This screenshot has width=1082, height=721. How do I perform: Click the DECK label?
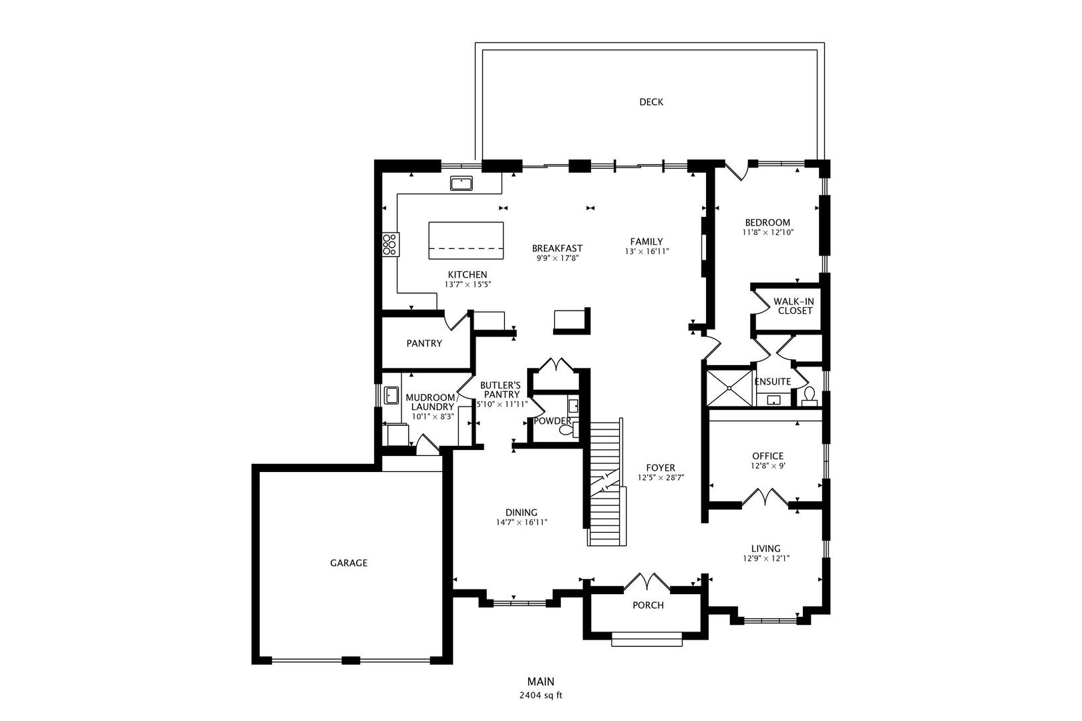pyautogui.click(x=651, y=102)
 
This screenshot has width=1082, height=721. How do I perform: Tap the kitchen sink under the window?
pyautogui.click(x=462, y=184)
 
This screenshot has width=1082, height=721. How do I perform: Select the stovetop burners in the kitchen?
pyautogui.click(x=390, y=244)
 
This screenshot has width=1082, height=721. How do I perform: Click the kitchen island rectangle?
pyautogui.click(x=466, y=240)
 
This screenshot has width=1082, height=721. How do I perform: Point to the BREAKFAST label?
pyautogui.click(x=558, y=248)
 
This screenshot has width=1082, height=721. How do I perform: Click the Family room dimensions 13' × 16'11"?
pyautogui.click(x=647, y=252)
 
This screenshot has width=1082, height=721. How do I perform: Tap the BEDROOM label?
pyautogui.click(x=767, y=222)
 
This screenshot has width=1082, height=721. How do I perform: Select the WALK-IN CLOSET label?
pyautogui.click(x=793, y=306)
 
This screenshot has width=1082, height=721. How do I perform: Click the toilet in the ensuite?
pyautogui.click(x=809, y=397)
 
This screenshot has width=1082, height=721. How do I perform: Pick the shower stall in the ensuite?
pyautogui.click(x=729, y=388)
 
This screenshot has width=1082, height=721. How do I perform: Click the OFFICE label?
pyautogui.click(x=768, y=456)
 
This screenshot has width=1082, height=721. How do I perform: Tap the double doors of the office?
pyautogui.click(x=765, y=497)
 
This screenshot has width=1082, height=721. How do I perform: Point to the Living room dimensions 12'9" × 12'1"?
pyautogui.click(x=766, y=559)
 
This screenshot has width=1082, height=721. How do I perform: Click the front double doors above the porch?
pyautogui.click(x=647, y=582)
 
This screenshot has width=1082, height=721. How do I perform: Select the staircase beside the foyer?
pyautogui.click(x=606, y=482)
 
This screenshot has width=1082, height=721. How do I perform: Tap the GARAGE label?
pyautogui.click(x=349, y=563)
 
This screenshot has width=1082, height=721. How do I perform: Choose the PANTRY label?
pyautogui.click(x=424, y=343)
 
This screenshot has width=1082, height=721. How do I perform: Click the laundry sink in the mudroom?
pyautogui.click(x=391, y=395)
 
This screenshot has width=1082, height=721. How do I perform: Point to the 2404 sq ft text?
pyautogui.click(x=541, y=696)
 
